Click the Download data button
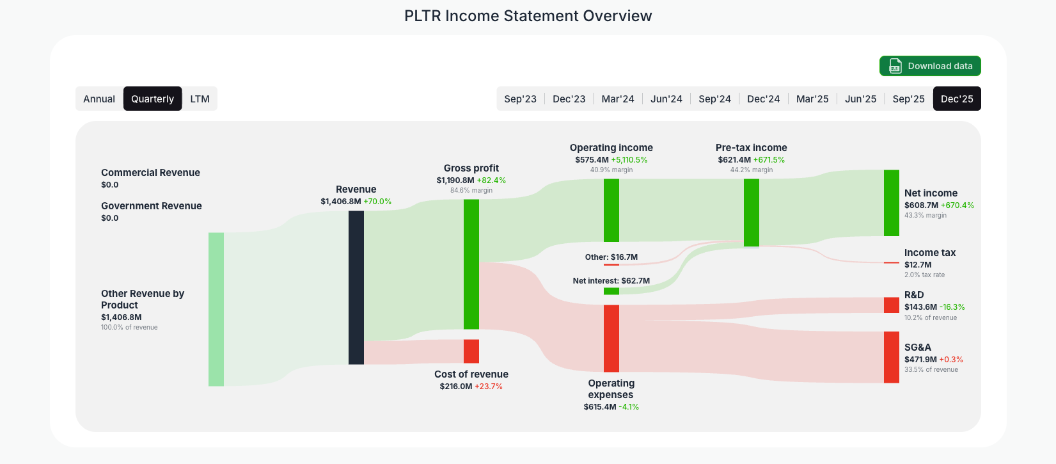pos(930,66)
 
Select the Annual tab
pos(99,99)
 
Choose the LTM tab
pos(200,99)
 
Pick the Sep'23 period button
pos(520,99)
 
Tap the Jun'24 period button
pos(666,99)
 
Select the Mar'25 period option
pos(812,99)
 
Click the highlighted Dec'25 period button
pos(957,99)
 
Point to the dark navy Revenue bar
pos(356,287)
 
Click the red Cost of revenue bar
pos(471,351)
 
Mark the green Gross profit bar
pos(471,264)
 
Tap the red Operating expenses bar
pos(611,338)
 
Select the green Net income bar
pos(891,203)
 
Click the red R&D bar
pos(891,305)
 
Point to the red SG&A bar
pos(891,357)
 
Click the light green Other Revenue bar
pos(216,309)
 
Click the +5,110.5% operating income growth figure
pos(629,160)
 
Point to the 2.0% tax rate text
pos(924,275)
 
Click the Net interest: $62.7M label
pos(611,281)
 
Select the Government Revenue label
pos(152,206)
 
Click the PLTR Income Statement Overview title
pos(528,16)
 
